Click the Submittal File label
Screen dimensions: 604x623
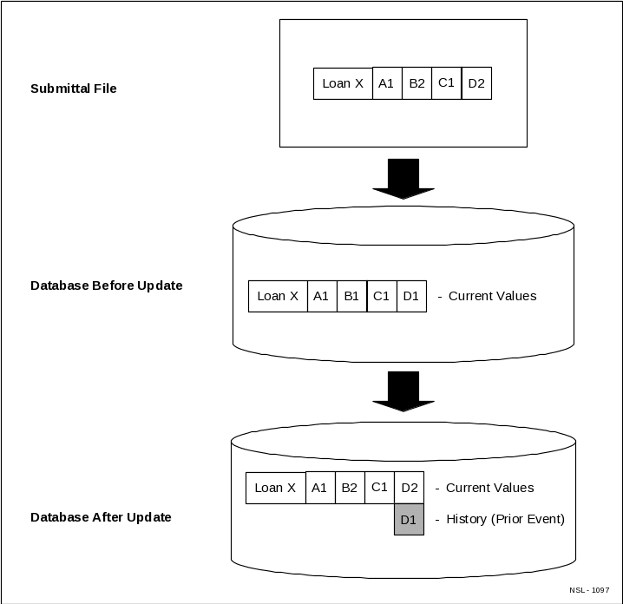(73, 89)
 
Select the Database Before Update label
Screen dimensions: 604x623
(106, 286)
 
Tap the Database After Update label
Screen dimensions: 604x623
(101, 517)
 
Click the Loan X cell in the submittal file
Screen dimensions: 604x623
(343, 83)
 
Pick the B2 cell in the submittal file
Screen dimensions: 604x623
(416, 83)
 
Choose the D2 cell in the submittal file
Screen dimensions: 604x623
(476, 83)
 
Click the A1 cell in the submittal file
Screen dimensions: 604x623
(387, 83)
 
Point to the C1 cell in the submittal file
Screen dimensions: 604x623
(446, 83)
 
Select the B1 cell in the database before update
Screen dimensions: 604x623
(351, 296)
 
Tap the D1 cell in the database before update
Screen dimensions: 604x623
(411, 296)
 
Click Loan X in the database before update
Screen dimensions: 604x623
(278, 296)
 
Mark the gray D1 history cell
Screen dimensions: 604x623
(409, 520)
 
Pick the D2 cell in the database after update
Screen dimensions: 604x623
(409, 488)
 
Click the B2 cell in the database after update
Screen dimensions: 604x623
(349, 488)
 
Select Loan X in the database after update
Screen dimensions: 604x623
(276, 488)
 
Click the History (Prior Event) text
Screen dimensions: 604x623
(505, 519)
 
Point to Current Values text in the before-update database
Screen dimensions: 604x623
(492, 296)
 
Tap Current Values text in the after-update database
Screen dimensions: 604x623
(489, 488)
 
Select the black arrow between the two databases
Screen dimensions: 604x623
(403, 391)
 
